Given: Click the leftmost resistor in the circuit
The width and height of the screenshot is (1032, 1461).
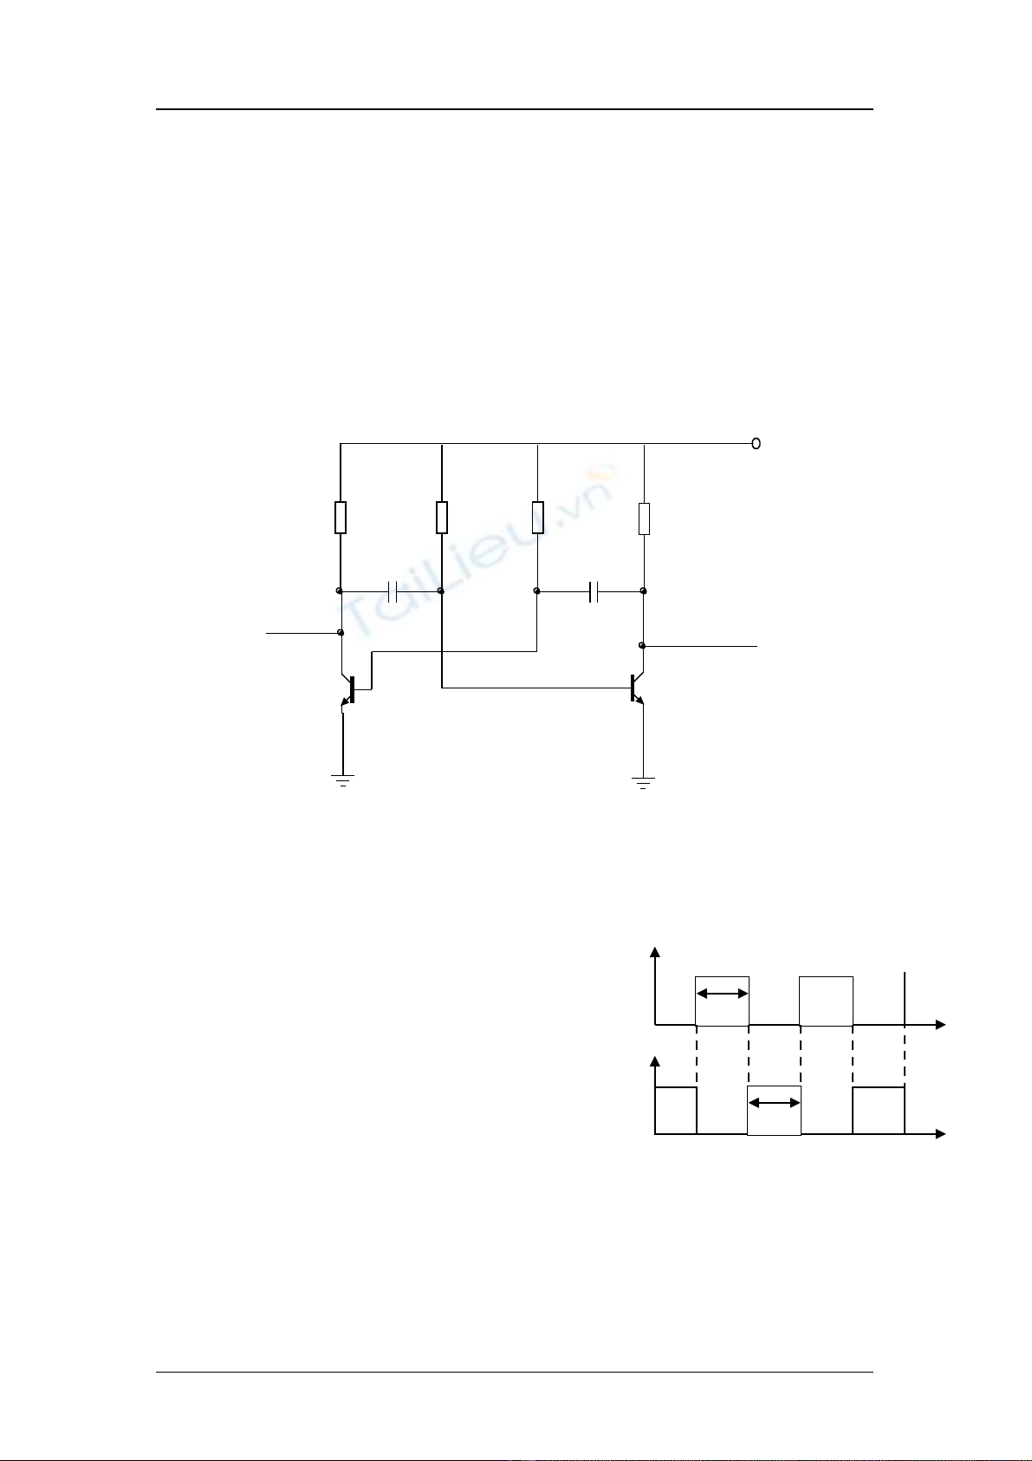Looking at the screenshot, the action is coord(341,518).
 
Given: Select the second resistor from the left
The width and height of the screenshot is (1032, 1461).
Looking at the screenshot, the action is coord(442,518).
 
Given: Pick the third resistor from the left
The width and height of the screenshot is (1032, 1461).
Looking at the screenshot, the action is coord(538,518).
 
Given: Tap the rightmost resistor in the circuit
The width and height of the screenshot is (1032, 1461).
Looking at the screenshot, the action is coord(644,519).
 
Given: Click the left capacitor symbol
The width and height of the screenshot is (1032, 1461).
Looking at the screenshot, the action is coord(392,591).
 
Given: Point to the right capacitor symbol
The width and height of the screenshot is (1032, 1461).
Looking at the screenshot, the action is coord(594,591).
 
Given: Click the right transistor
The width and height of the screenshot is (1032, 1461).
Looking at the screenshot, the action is coord(637,689).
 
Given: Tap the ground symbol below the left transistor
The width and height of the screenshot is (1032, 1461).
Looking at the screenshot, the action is coord(343,780).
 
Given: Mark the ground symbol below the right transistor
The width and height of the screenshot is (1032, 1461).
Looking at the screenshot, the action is coord(644,783).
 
